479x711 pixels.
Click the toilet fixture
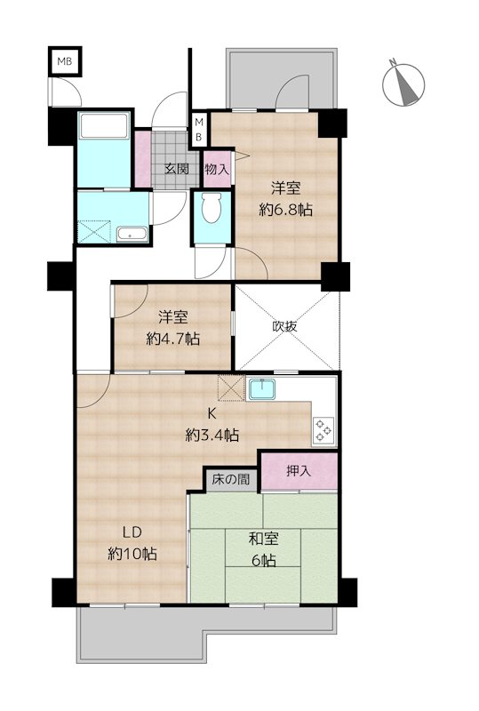[x=212, y=207]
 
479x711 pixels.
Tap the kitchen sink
[x=262, y=389]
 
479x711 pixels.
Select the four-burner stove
[x=324, y=429]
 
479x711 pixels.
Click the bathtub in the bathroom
[x=104, y=125]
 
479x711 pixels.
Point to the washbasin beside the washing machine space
[x=132, y=235]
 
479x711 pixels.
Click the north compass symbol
[x=403, y=84]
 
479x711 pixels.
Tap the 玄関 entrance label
[x=177, y=169]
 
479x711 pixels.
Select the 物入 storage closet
[x=218, y=168]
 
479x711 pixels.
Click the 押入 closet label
[x=299, y=471]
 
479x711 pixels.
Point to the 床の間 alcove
[x=230, y=480]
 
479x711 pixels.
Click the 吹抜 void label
[x=285, y=326]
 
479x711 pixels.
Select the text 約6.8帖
[x=286, y=210]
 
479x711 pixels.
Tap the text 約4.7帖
[x=172, y=339]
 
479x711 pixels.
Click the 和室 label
[x=264, y=539]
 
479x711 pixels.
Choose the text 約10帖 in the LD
[x=132, y=554]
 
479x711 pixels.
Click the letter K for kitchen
[x=212, y=413]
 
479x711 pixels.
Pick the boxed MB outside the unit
[x=65, y=61]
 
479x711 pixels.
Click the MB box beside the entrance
[x=198, y=129]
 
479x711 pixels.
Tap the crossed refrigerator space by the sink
[x=231, y=388]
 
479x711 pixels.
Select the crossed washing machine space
[x=94, y=232]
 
